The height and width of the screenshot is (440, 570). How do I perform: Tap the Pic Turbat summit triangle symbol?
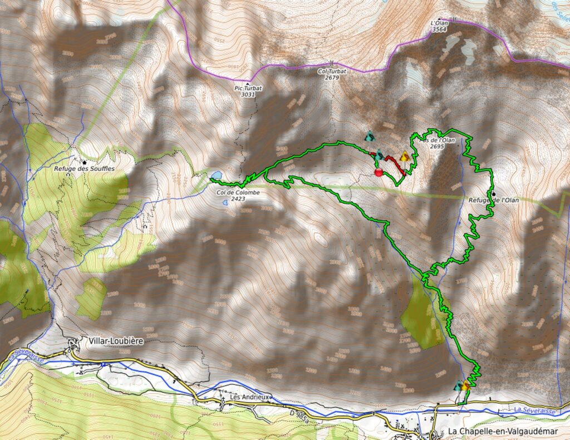click(247, 83)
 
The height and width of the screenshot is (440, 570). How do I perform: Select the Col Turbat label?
click(328, 72)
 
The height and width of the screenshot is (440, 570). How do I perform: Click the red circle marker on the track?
click(379, 173)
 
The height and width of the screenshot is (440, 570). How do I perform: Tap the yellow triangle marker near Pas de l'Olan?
click(405, 157)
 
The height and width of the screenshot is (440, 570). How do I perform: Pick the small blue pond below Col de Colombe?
click(225, 203)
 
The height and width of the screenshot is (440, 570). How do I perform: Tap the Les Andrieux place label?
click(249, 397)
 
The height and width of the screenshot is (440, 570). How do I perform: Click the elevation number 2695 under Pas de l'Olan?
click(436, 146)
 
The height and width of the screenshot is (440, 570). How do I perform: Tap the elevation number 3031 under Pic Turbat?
click(248, 95)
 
